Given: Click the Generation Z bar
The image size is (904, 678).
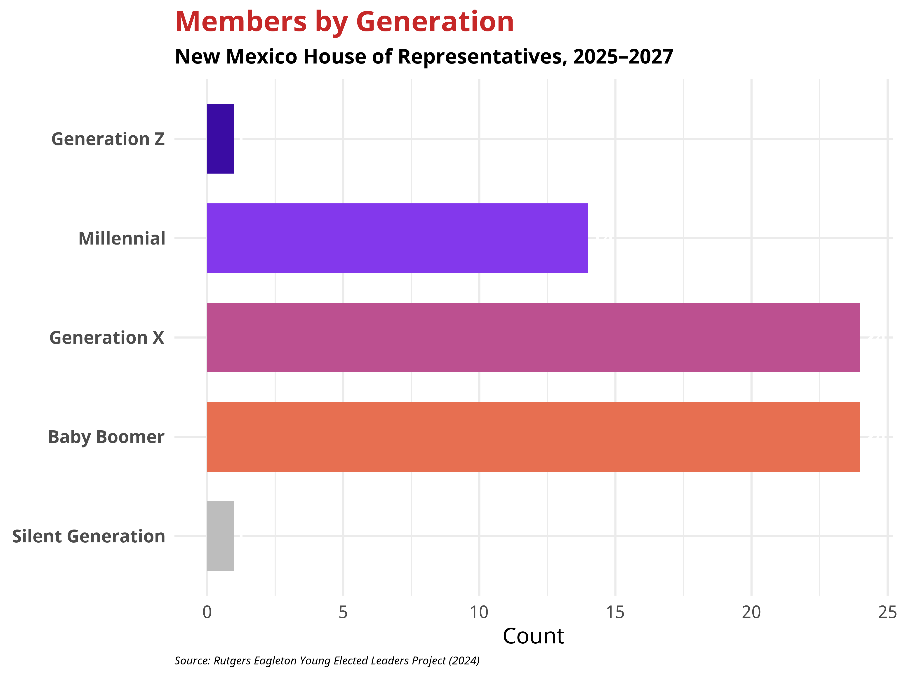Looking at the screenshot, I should coord(221,139).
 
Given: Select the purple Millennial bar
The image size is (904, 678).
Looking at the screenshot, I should coord(397,238).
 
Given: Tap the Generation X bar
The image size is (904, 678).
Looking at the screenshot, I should coord(533,338).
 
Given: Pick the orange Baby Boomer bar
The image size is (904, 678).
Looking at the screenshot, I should coord(533,437).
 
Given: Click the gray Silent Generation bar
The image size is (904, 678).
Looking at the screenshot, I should coord(221,536).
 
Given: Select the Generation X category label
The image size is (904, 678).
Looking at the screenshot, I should coord(107,338).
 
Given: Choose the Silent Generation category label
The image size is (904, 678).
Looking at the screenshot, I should coord(89,537).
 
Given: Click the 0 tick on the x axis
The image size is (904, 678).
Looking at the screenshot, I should coord(207,612).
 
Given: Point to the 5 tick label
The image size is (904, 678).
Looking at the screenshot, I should coord(343,612).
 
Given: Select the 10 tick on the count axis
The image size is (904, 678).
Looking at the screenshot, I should coord(479,612).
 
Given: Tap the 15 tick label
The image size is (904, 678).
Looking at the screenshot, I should coord(615,612).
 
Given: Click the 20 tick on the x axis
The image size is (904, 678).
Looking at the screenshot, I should coord(751,612).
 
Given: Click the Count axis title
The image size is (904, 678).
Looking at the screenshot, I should coord(533,636).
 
